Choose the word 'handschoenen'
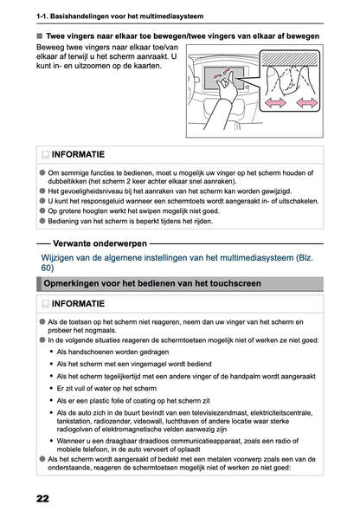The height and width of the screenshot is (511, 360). (x=97, y=353)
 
